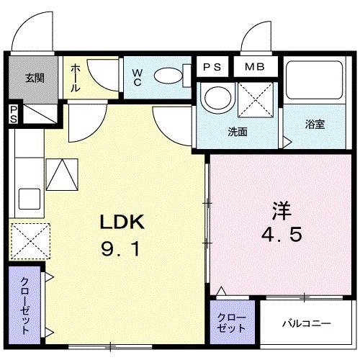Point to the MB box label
(x=254, y=67)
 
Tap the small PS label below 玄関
(x=13, y=114)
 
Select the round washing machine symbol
(x=216, y=98)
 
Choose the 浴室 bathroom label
(x=315, y=124)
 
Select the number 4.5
(x=281, y=236)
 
